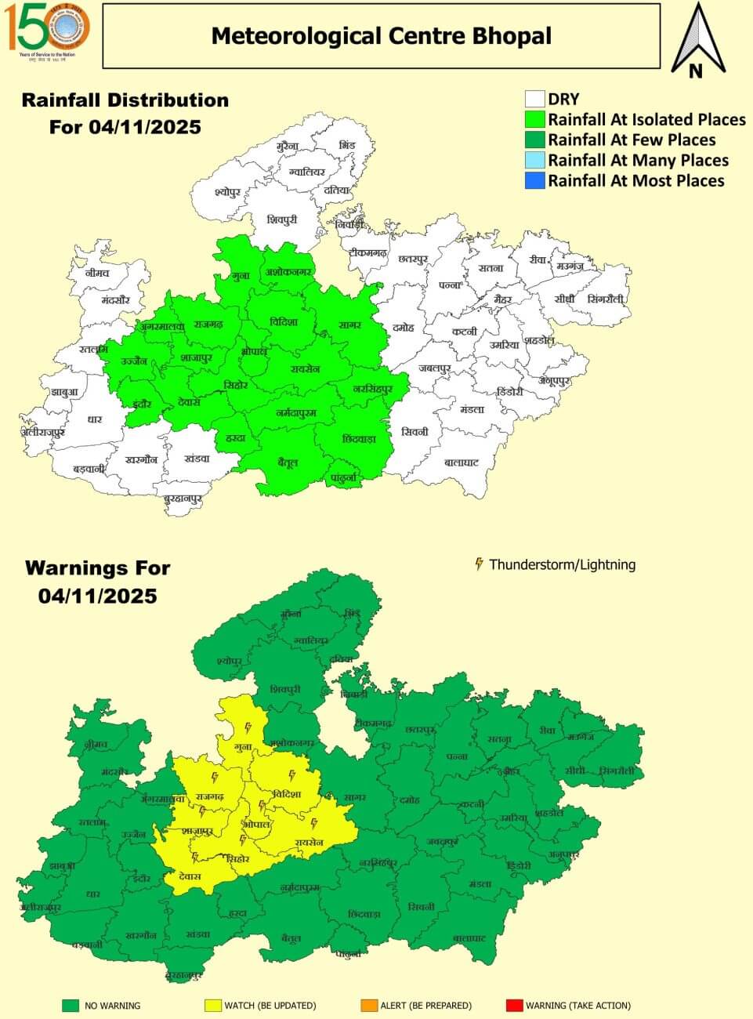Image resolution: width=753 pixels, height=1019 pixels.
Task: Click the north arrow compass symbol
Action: tap(695, 39)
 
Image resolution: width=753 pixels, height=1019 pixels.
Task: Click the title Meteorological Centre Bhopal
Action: tap(382, 36)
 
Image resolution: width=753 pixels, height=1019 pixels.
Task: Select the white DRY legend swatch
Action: tap(534, 99)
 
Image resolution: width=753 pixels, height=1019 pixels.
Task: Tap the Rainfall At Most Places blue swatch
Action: tap(534, 181)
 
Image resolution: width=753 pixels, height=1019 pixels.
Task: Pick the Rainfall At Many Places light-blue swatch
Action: tap(534, 161)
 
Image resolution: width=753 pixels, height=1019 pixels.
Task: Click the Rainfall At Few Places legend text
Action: tap(632, 140)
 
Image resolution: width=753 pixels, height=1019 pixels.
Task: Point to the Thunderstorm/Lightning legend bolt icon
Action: tap(479, 564)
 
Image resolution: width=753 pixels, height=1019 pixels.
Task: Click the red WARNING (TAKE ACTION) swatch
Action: tap(513, 1005)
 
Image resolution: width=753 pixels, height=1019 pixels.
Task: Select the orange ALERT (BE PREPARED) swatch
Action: tap(368, 1005)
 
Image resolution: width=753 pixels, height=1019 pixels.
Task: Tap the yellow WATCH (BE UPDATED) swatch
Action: tap(212, 1005)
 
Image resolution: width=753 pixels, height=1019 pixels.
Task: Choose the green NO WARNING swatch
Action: tap(71, 1005)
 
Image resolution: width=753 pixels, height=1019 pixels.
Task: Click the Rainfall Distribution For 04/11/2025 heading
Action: tap(125, 113)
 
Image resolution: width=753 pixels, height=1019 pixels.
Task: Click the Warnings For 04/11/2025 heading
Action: tap(97, 582)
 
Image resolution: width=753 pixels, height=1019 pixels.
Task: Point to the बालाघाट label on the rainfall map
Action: tap(461, 462)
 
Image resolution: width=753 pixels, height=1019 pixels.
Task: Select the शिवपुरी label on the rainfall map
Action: tap(281, 220)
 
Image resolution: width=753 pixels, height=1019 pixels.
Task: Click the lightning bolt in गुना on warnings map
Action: tap(248, 727)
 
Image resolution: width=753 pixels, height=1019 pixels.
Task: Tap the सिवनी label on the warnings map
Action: tap(421, 907)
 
